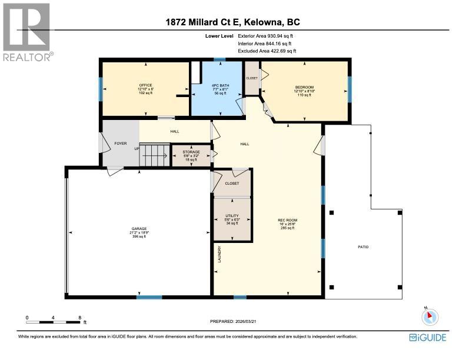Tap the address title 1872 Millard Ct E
pos(232,23)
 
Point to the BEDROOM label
pos(304,88)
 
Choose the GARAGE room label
pos(139,229)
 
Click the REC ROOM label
pos(286,221)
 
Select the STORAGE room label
pos(191,152)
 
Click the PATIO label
pos(363,246)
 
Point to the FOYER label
pos(120,142)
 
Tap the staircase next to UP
pos(154,156)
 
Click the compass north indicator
pos(430,316)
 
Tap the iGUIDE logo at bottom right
pos(427,338)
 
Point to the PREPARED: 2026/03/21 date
pos(234,321)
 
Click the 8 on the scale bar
pos(80,318)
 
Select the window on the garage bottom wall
pos(149,297)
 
